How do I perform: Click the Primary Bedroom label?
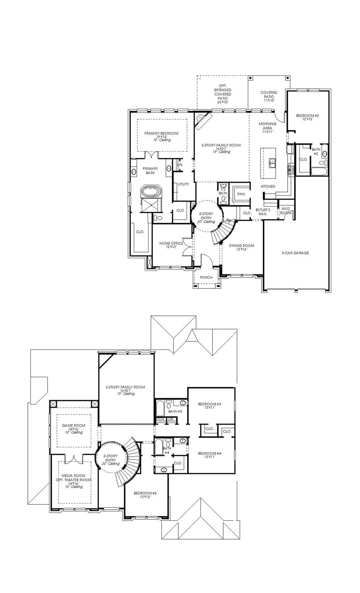click(161, 134)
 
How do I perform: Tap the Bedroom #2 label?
click(307, 116)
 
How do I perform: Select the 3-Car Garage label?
click(295, 253)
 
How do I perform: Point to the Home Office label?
click(171, 244)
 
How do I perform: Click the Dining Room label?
click(241, 246)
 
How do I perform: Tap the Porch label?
click(206, 278)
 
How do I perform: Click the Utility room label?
click(183, 184)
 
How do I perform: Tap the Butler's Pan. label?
click(263, 211)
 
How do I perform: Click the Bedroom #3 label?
click(210, 404)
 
